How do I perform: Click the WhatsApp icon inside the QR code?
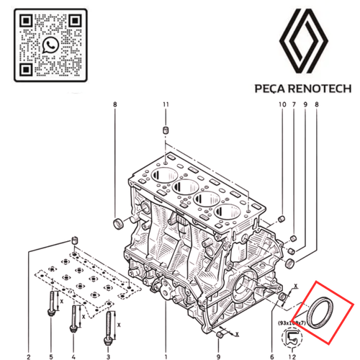(x=49, y=45)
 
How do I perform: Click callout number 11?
(x=166, y=107)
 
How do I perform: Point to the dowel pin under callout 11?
(x=166, y=130)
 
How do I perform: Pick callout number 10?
(x=282, y=107)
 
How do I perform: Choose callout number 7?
(x=293, y=107)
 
